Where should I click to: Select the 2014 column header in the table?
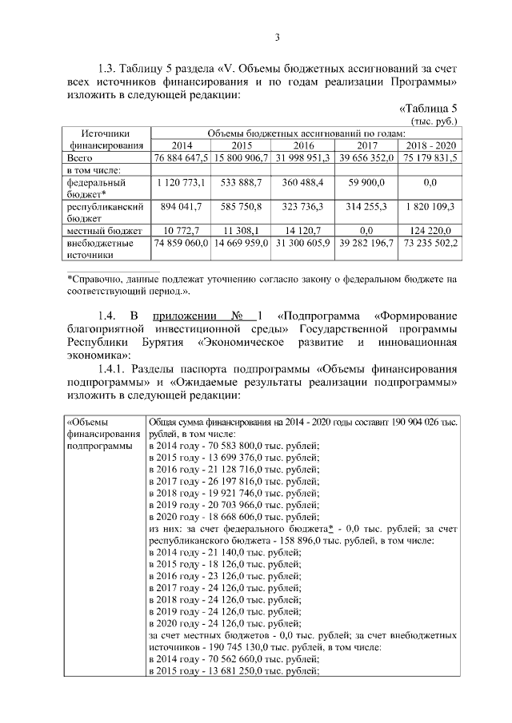(x=182, y=145)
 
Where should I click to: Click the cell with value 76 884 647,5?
(x=182, y=158)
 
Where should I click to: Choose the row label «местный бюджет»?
(x=98, y=230)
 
